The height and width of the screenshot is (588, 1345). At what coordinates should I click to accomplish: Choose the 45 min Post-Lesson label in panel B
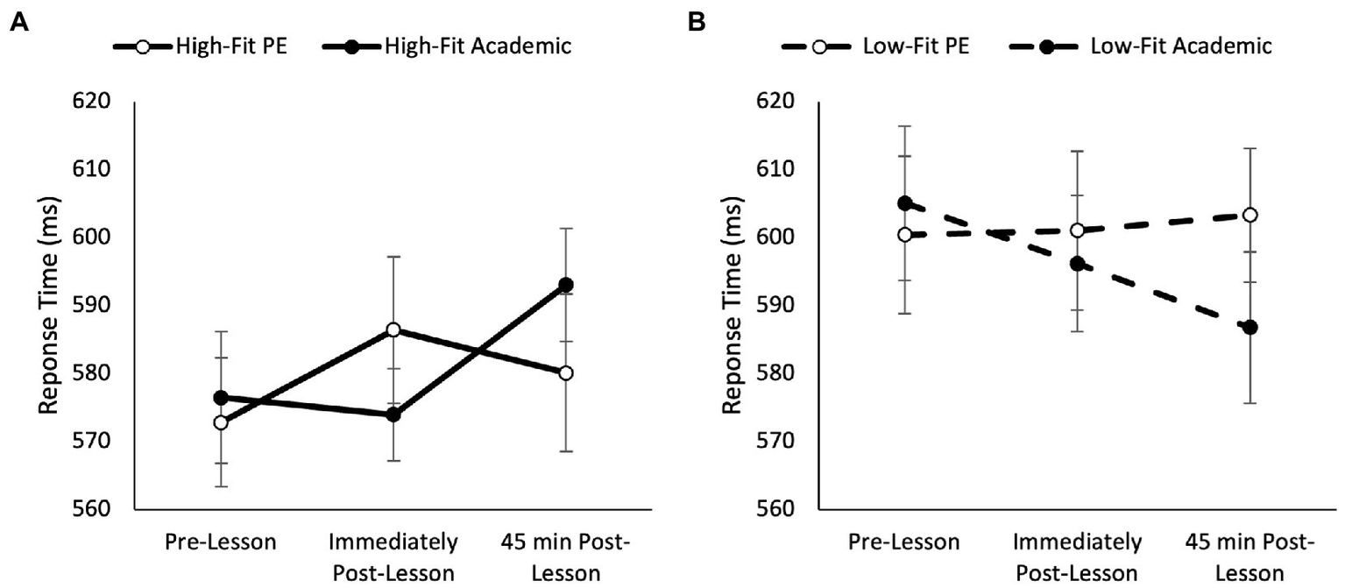[1250, 558]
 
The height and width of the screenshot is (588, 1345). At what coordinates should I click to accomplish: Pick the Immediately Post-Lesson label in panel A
[393, 558]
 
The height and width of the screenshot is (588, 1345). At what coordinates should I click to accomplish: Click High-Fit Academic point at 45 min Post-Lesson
[566, 285]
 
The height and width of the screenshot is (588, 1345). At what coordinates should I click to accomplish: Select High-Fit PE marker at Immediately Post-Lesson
[393, 329]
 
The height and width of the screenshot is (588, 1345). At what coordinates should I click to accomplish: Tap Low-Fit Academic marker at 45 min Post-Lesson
[1250, 327]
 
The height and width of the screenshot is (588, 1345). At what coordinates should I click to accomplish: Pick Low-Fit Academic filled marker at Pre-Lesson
[904, 203]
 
